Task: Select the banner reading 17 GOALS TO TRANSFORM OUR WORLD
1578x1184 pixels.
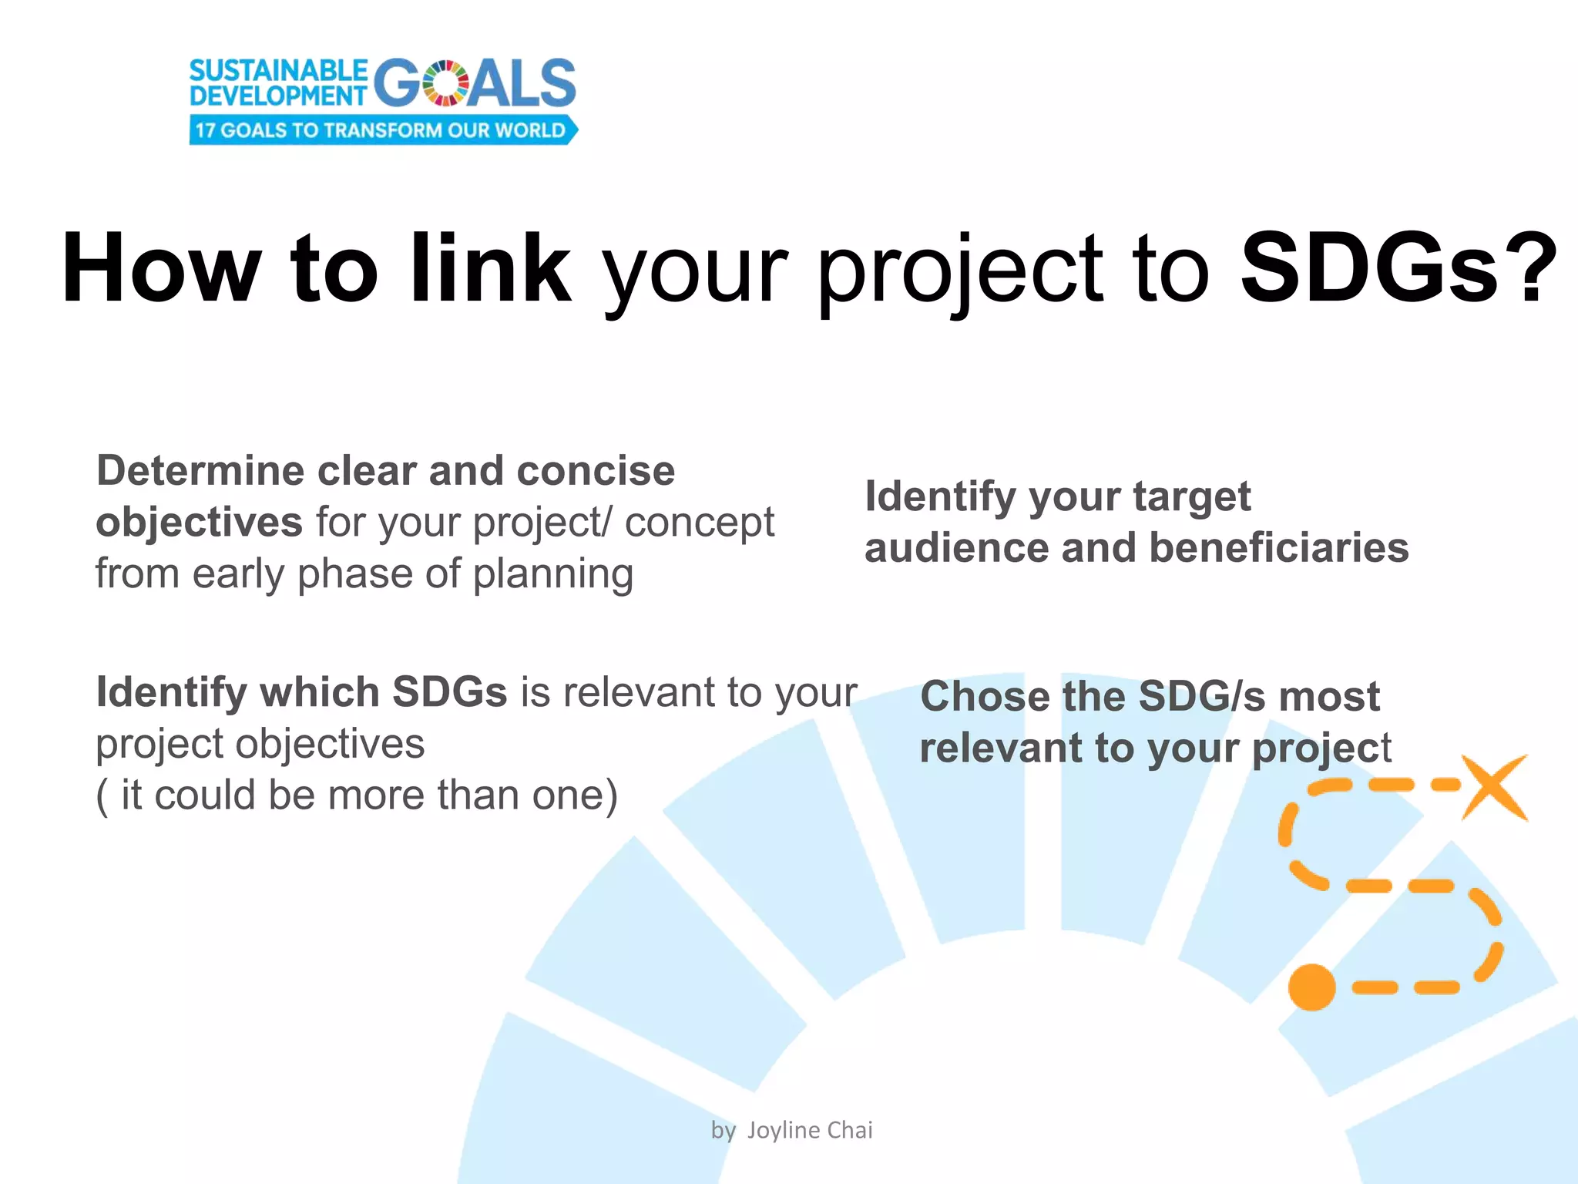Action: pos(382,130)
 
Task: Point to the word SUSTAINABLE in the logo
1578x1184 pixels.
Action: pos(278,71)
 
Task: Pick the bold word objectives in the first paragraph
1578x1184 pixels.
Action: pos(199,523)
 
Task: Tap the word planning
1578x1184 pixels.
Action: pos(553,574)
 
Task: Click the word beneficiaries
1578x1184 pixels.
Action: pos(1279,548)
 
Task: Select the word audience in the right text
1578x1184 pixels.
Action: pos(955,548)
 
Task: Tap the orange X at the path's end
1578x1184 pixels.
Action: pos(1493,787)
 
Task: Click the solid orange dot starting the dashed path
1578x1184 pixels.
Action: pos(1311,987)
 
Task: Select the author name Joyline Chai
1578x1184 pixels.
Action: pos(809,1130)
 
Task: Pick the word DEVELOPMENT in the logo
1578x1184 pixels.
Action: pos(278,96)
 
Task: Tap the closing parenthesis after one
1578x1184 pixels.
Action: pos(610,795)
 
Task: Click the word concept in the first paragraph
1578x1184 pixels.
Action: pos(699,523)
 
